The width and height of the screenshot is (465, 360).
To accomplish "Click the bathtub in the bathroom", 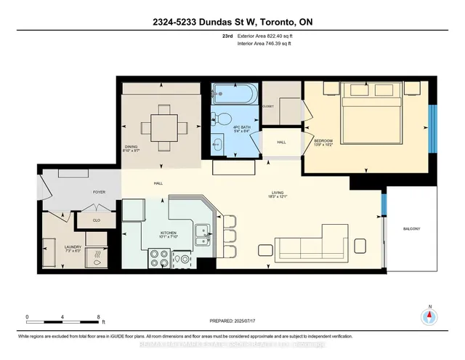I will point(232,94).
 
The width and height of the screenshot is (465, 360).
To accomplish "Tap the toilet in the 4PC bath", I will point(225,119).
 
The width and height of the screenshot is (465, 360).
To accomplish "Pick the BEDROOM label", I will point(323,140).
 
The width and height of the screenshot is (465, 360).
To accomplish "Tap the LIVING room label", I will point(274,193).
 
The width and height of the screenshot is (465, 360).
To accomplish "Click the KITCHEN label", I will point(168,235).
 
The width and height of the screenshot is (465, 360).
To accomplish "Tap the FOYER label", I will point(100,193).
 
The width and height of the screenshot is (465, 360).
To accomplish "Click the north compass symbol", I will point(429,316).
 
